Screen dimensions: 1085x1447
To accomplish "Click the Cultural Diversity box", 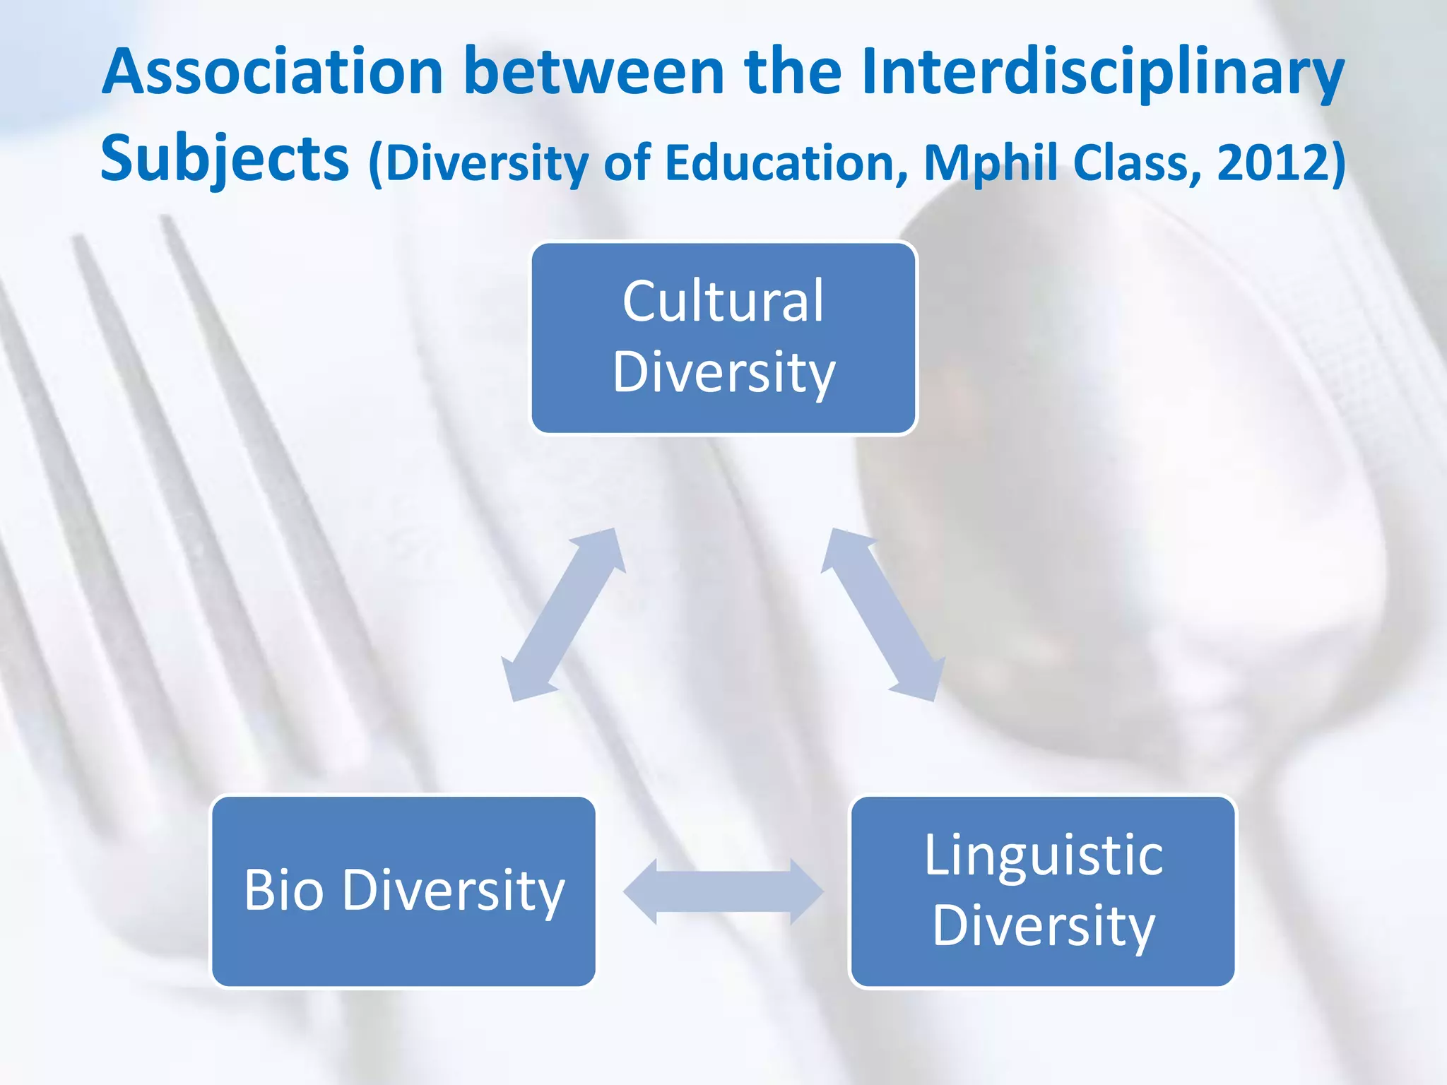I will click(723, 338).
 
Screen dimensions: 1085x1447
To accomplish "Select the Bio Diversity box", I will click(403, 891).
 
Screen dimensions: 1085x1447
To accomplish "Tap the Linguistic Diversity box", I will click(1043, 891).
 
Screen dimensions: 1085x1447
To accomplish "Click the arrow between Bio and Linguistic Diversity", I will click(723, 892).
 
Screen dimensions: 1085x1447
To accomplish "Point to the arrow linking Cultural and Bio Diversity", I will click(563, 615).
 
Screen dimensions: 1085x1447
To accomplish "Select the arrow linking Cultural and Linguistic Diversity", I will click(882, 615).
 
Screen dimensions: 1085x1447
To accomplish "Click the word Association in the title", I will click(272, 72).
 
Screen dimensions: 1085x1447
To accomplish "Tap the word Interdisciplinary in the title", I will click(1102, 72).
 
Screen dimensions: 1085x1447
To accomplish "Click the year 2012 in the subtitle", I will click(1272, 162).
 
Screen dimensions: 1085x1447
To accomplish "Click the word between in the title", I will click(593, 72).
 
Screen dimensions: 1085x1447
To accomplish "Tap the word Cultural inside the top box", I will click(723, 302).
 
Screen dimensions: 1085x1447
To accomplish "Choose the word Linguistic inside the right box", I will click(1044, 855).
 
